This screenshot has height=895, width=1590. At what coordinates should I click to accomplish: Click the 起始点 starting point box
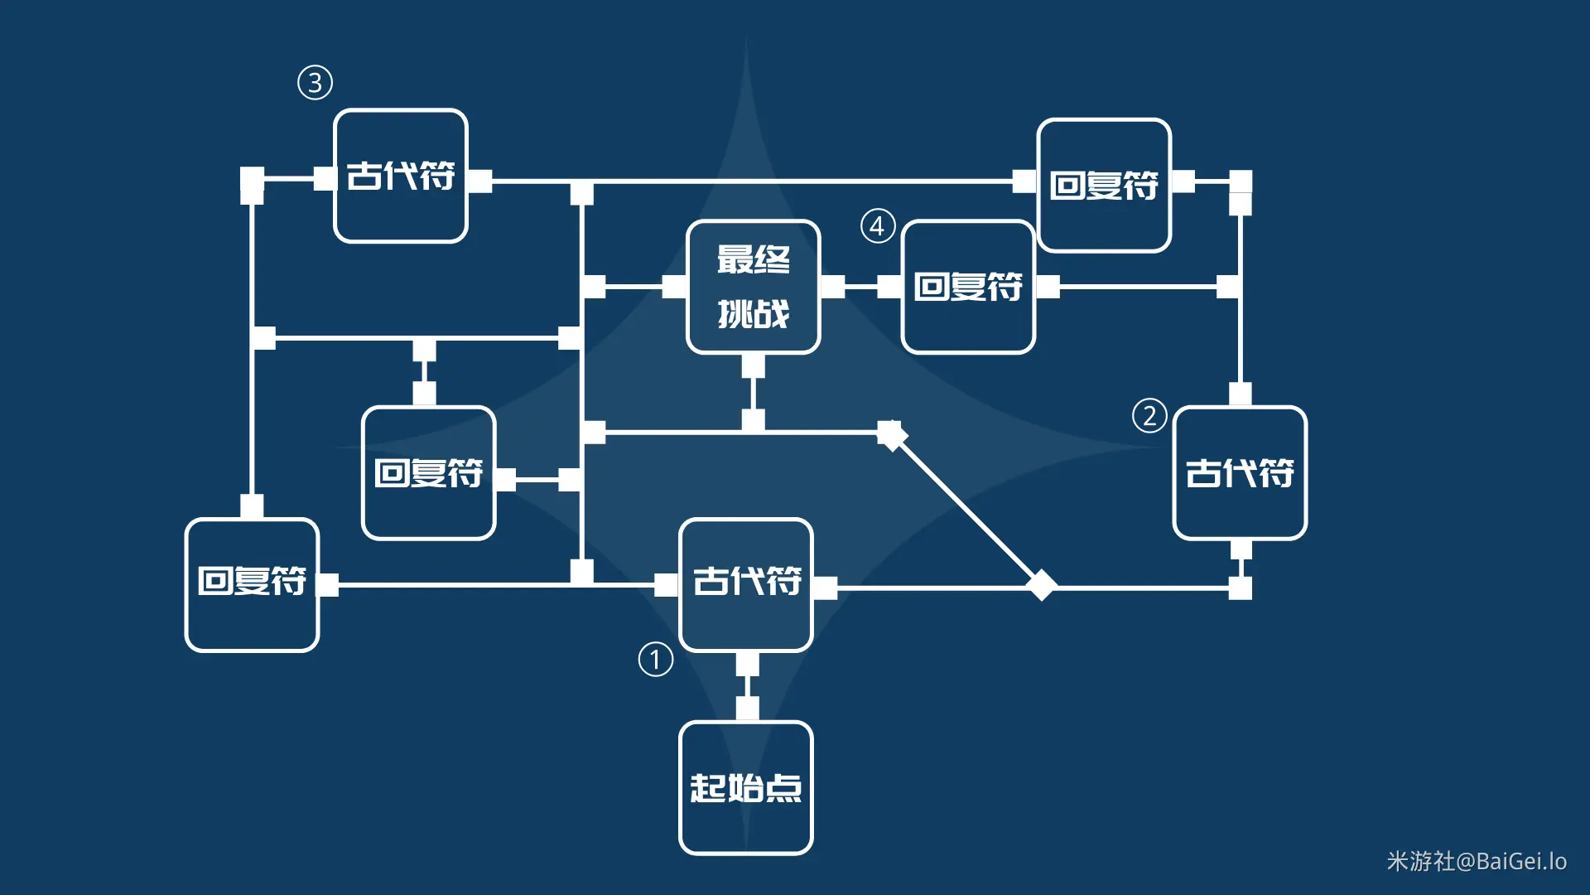745,787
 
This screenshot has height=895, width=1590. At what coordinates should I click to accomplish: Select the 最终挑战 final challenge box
753,287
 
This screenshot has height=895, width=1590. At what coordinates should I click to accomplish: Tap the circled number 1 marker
655,660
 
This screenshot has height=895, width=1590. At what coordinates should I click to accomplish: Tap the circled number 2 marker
1149,415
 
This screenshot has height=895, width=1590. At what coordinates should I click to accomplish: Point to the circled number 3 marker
315,83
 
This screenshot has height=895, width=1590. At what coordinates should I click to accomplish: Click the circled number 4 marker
878,225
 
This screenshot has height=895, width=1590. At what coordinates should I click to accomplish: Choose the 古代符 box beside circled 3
401,176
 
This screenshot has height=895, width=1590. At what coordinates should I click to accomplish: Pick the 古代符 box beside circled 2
1240,472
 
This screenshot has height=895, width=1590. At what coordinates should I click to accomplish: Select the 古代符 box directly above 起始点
745,584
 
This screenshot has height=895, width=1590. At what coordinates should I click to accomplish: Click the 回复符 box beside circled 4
968,287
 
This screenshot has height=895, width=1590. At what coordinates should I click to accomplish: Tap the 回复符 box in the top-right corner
1104,185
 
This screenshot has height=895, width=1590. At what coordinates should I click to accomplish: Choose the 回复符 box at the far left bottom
252,584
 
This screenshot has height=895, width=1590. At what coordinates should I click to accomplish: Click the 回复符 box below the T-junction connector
428,472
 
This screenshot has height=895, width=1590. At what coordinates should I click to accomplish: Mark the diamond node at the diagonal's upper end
892,434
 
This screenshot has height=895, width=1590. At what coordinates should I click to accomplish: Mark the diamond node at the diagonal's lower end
1041,585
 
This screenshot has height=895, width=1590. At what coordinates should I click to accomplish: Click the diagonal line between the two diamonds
966,510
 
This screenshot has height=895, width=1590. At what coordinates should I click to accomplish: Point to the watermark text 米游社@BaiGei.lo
1477,862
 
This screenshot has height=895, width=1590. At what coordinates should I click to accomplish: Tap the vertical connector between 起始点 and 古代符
747,686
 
